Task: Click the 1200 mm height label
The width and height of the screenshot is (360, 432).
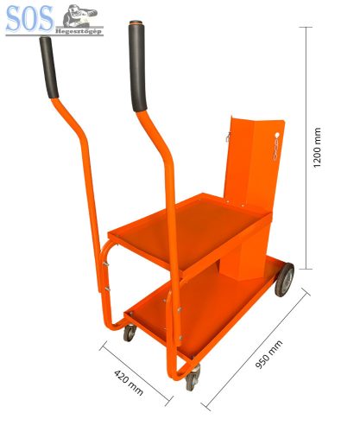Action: coord(317,147)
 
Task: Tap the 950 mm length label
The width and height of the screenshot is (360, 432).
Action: coord(269,354)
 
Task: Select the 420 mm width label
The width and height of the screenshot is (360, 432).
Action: coord(129,383)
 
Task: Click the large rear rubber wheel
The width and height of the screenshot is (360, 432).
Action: coord(284,279)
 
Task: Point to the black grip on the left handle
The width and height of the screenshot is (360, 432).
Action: coord(49,67)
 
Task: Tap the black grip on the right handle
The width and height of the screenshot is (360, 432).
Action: coord(138,67)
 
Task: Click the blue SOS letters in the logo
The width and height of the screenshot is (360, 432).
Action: coord(29,18)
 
